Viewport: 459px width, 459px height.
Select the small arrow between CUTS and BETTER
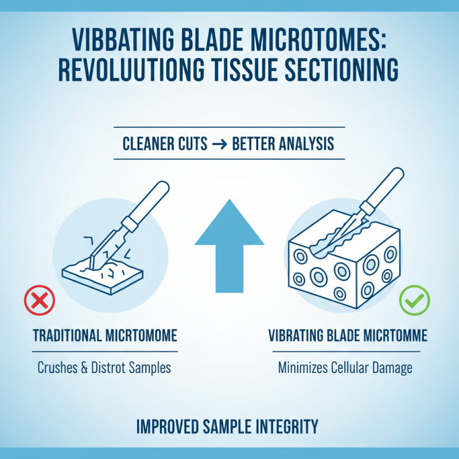pos(220,143)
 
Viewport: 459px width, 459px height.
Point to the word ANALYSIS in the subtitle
pos(307,143)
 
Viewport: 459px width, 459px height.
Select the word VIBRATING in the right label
pos(300,336)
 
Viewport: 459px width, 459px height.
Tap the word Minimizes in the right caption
pos(303,367)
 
